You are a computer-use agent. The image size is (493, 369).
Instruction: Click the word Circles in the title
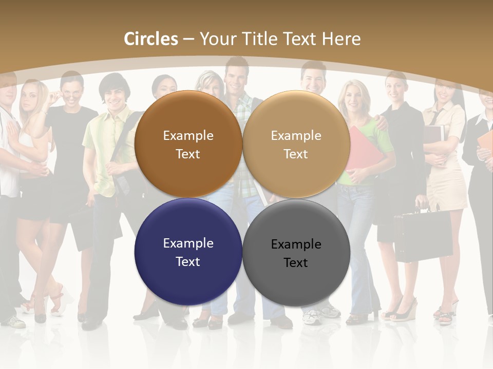pos(151,39)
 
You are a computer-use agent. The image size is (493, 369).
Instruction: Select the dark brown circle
pos(188,144)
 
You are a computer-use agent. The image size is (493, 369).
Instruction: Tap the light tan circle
pos(296,144)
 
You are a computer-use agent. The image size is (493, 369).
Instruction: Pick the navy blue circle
pos(188,252)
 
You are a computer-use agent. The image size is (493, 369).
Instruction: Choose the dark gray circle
pos(296,252)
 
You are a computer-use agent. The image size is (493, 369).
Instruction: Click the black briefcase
pos(423,235)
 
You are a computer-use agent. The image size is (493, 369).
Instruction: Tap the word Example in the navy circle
pos(188,243)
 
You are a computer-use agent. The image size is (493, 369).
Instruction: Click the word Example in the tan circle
pos(296,136)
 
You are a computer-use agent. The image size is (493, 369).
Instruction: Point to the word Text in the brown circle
pos(188,154)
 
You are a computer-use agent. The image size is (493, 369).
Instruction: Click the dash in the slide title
pos(188,39)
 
